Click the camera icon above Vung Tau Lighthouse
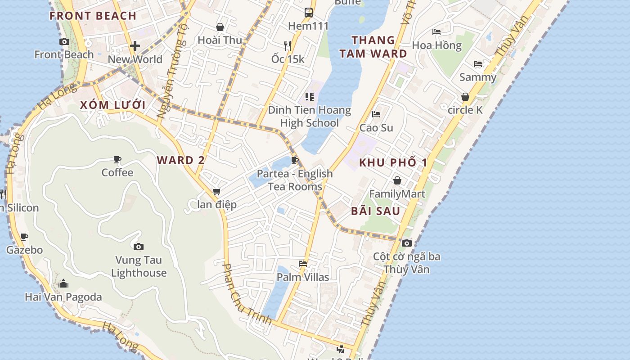click(x=139, y=247)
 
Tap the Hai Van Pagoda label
click(x=63, y=297)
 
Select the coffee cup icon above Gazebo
click(x=24, y=237)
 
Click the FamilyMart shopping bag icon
click(x=397, y=180)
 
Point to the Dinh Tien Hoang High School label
click(x=309, y=117)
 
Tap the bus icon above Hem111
click(x=308, y=12)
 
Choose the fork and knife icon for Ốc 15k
click(x=288, y=45)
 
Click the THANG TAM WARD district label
click(x=373, y=47)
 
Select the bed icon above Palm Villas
click(x=303, y=263)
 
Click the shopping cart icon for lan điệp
click(x=216, y=191)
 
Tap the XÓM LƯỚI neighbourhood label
click(x=112, y=105)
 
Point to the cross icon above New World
click(x=135, y=45)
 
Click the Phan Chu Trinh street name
click(x=247, y=293)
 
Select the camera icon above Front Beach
click(x=64, y=41)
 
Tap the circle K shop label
click(x=465, y=110)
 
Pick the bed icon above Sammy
click(x=478, y=64)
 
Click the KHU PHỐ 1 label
click(x=393, y=163)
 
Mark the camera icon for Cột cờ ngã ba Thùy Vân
click(x=406, y=243)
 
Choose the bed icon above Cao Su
click(x=376, y=114)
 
